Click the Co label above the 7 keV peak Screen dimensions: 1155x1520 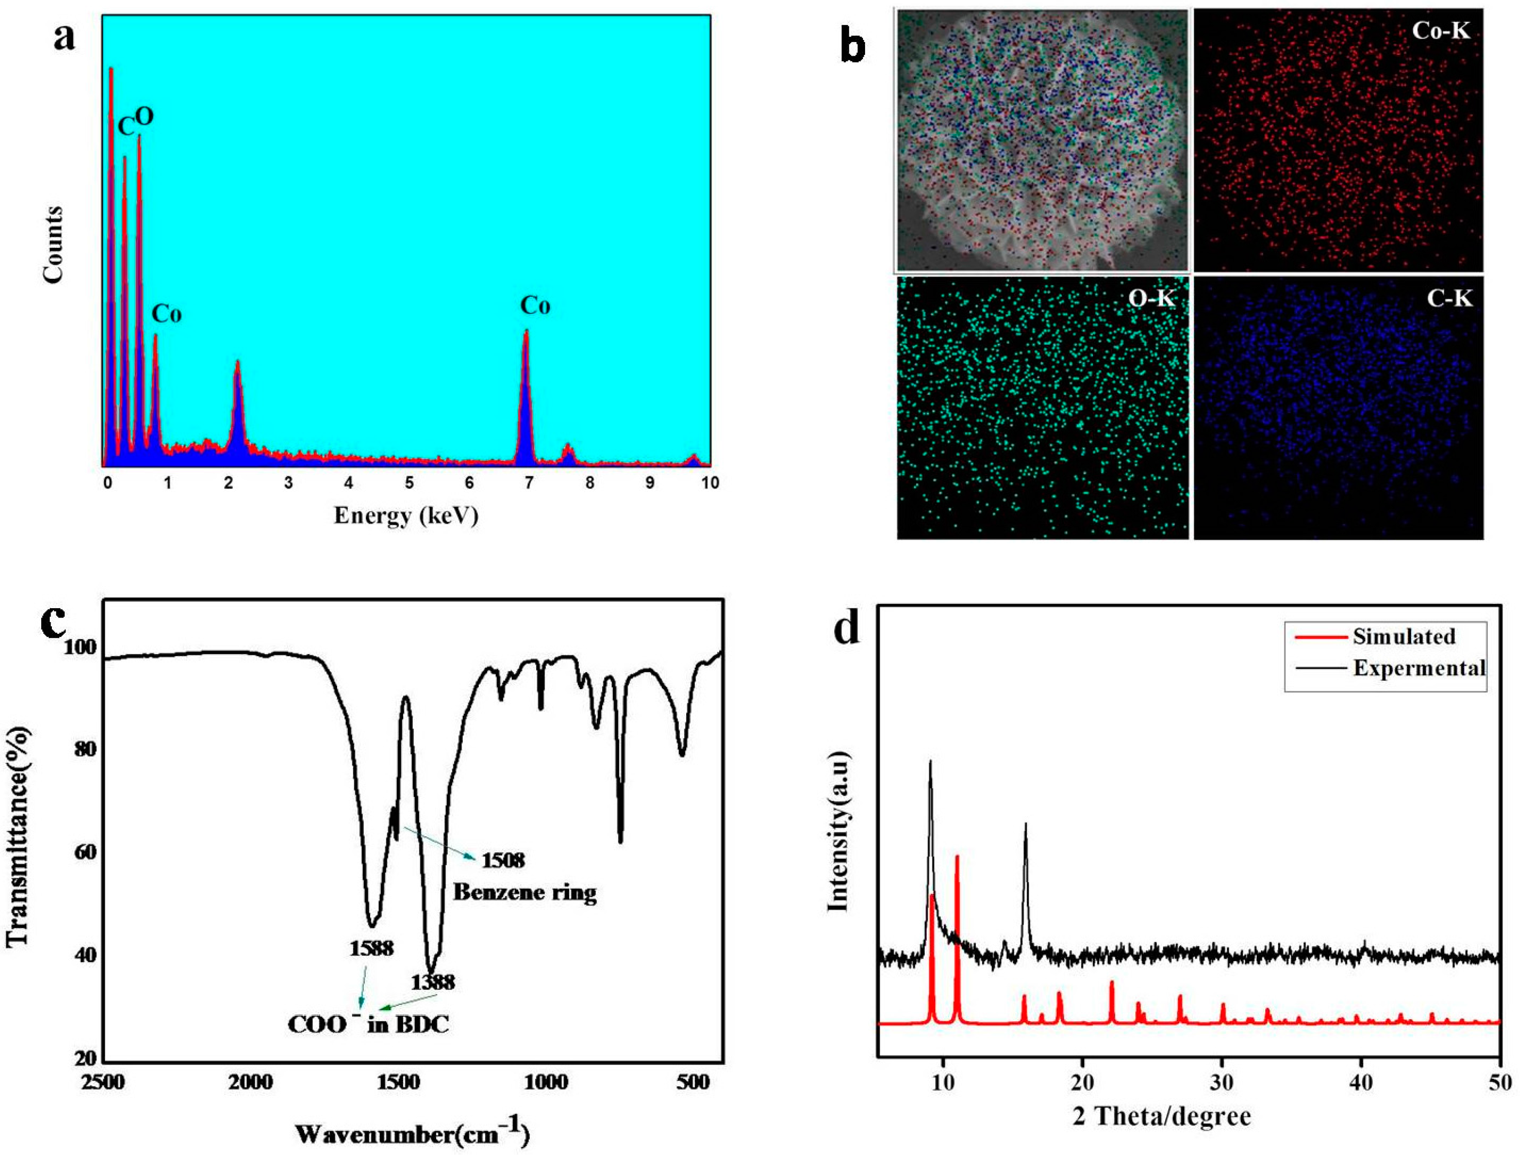tap(535, 305)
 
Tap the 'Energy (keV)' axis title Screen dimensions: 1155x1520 tap(406, 515)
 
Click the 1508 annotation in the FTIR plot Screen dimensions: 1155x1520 tap(503, 860)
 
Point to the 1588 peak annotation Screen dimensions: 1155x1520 tap(371, 948)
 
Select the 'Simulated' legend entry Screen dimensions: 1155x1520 tap(1404, 636)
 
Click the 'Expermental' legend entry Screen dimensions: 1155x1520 tap(1419, 667)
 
